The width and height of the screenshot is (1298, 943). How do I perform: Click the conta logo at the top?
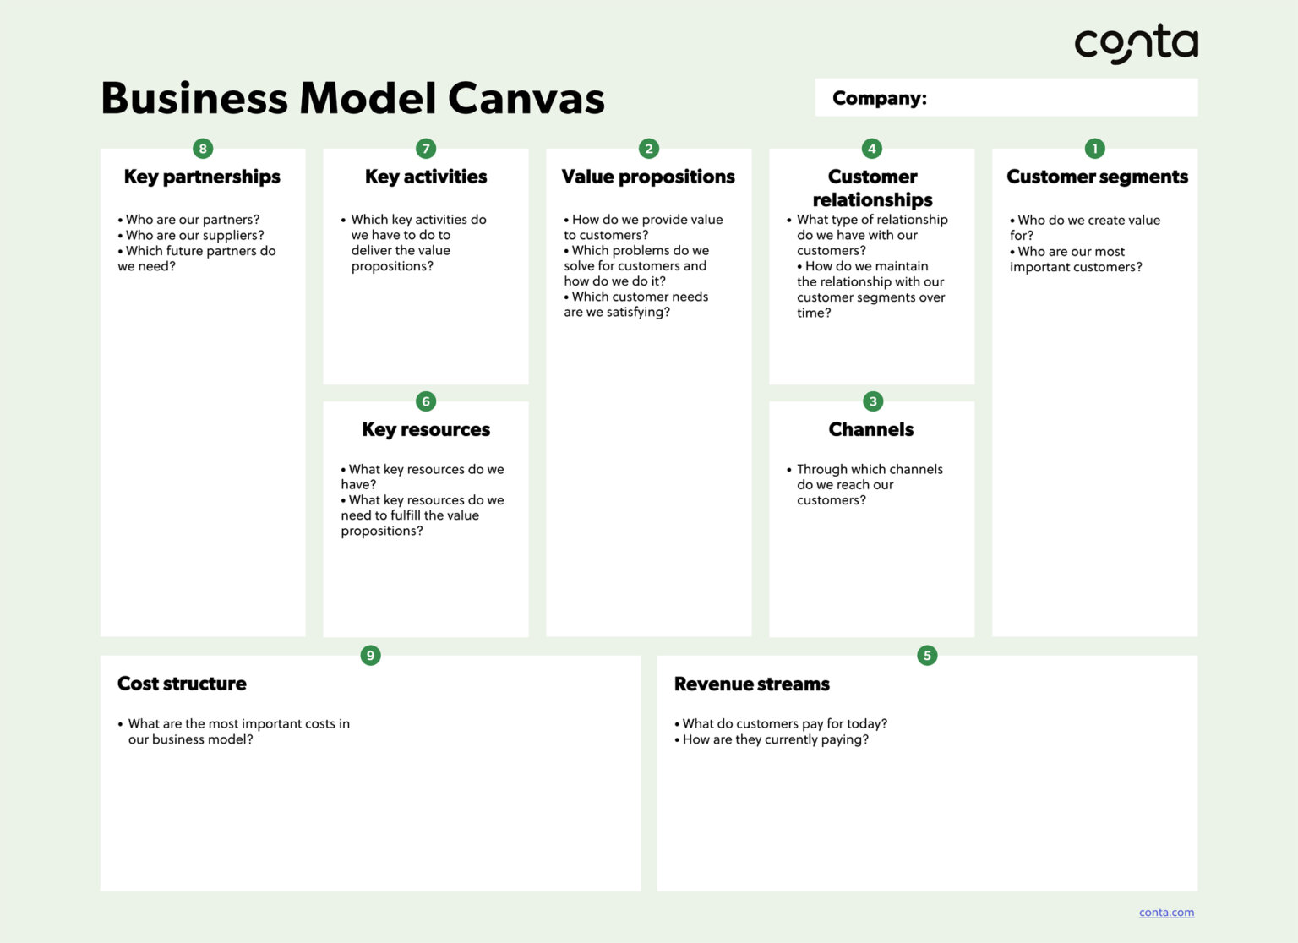1135,43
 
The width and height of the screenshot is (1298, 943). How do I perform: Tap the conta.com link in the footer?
1166,913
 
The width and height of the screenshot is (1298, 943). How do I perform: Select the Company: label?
879,98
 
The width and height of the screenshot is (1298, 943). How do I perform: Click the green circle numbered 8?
203,149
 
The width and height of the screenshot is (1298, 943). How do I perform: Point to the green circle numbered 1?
1094,149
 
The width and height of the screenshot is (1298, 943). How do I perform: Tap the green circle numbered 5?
927,655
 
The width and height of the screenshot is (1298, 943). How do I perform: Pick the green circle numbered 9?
370,655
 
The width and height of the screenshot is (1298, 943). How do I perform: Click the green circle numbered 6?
426,401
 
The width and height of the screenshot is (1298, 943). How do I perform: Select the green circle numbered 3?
872,401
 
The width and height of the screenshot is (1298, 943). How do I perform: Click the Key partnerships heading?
202,177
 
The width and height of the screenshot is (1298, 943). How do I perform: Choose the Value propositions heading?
648,177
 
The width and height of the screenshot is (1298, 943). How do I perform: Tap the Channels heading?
871,429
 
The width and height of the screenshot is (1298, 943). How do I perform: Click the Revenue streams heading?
751,684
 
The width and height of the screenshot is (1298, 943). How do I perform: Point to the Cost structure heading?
182,684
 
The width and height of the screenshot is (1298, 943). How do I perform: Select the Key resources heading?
426,429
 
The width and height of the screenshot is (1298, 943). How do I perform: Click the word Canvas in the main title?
526,99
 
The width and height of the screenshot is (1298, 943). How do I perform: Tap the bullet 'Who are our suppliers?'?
194,235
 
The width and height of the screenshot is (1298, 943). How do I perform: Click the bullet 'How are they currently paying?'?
775,739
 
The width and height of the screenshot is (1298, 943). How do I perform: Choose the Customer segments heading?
1097,177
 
